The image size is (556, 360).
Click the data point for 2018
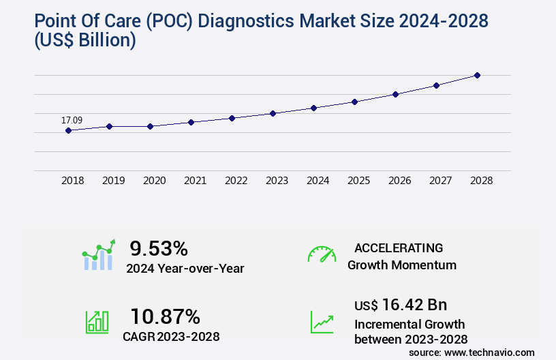68,130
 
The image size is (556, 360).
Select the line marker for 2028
477,75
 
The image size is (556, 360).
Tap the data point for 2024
313,108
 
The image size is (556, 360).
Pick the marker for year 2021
191,122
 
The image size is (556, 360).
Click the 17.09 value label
72,121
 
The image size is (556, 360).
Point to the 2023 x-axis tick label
277,181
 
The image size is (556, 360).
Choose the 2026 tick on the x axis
399,181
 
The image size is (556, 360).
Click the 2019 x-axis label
113,181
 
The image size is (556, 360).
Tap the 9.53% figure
159,247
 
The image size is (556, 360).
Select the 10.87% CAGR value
165,316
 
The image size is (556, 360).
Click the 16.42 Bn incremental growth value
401,305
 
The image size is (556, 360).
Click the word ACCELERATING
399,247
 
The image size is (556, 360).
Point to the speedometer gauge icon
322,254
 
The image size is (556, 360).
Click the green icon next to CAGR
97,322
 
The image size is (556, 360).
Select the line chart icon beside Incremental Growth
322,322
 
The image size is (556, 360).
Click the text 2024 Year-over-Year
185,269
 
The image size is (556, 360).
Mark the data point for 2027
436,85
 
